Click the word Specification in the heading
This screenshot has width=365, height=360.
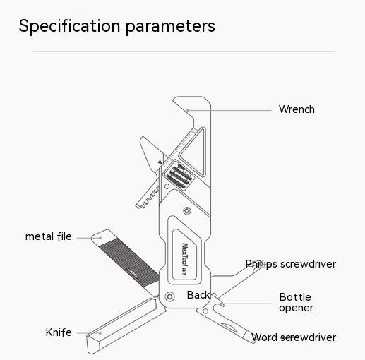coord(69,26)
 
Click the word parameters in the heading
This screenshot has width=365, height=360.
coord(170,27)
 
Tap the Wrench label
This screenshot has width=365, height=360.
coord(297,109)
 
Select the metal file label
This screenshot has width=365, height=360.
coord(49,236)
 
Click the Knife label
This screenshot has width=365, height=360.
coord(59,332)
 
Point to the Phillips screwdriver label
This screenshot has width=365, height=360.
coord(291,264)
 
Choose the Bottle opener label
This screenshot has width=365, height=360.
coord(296,302)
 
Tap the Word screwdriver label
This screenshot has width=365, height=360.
coord(294,337)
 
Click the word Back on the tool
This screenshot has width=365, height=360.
coord(198,295)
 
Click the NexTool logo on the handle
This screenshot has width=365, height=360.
coord(185,258)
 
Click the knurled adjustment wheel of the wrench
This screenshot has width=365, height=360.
coord(179,176)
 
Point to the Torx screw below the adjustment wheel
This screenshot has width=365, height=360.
coord(187,210)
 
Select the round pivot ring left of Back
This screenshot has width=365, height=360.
coord(169,296)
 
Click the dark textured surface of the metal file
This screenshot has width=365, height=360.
coord(129,262)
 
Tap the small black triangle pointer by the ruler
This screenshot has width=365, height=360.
coord(160,162)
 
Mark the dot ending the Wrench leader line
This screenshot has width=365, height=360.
coord(188,110)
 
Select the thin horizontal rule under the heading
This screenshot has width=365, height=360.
coord(184,51)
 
